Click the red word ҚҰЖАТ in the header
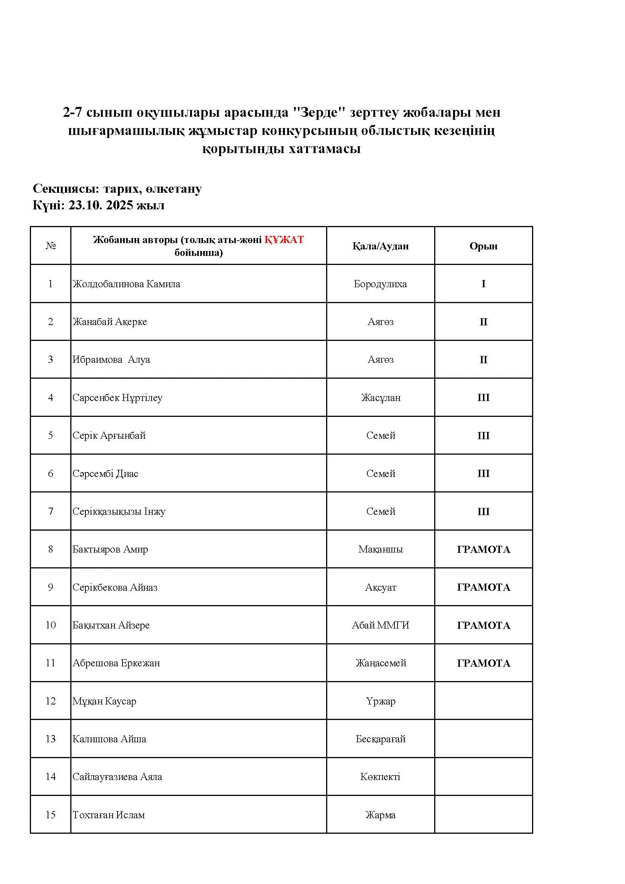284,240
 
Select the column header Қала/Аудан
380,246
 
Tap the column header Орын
483,246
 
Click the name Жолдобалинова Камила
126,284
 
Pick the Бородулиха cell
380,284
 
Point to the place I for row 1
483,284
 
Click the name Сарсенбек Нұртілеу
118,397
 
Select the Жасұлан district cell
381,397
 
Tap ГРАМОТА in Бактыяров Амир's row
483,549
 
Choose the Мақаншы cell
380,549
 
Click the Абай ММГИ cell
380,625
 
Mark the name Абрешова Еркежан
116,663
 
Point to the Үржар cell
381,701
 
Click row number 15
50,815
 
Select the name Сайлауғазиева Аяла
118,777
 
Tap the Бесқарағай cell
381,739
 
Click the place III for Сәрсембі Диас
483,473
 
